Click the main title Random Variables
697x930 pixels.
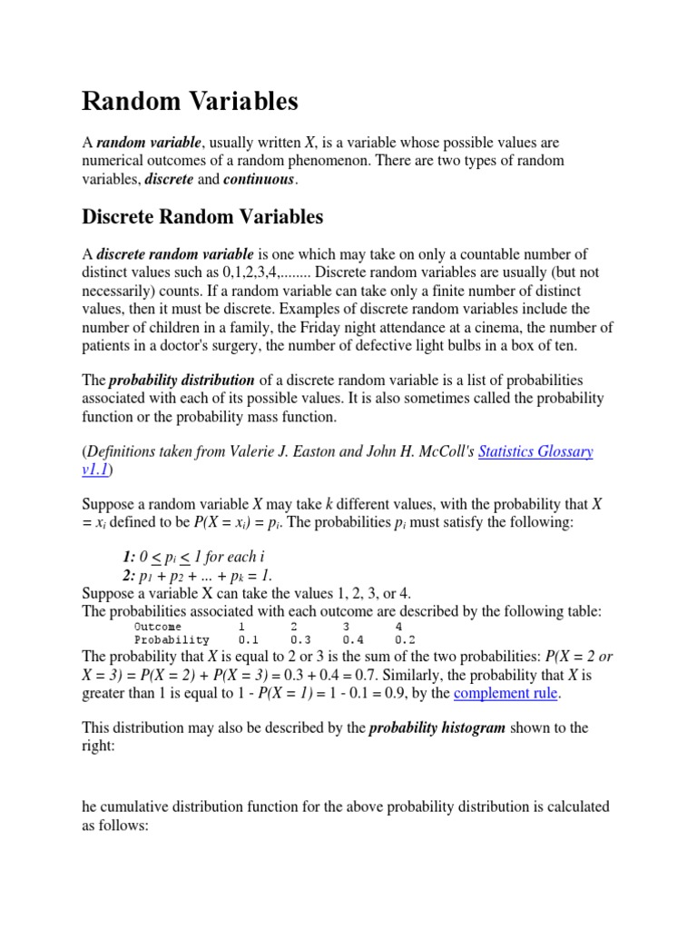190,102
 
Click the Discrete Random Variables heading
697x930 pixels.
202,217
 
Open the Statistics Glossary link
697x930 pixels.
535,451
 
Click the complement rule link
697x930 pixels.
506,694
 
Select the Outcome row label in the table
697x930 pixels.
158,627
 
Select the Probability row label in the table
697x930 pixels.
172,640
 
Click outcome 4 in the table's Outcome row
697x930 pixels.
398,627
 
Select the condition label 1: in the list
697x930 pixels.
128,556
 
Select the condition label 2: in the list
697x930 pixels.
128,575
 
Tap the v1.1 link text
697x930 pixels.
95,470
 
